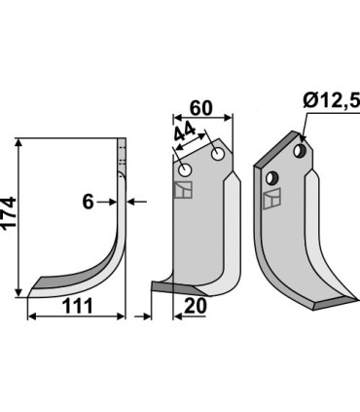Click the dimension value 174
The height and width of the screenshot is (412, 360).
pyautogui.click(x=9, y=213)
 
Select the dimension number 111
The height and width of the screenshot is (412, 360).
pyautogui.click(x=78, y=306)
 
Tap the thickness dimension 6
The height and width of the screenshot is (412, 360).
pyautogui.click(x=88, y=202)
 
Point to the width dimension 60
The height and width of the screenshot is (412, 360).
pyautogui.click(x=201, y=108)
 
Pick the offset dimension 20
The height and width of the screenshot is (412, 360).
pyautogui.click(x=195, y=306)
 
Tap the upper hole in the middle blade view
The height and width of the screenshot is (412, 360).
pyautogui.click(x=217, y=154)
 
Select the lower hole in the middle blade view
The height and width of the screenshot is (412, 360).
pyautogui.click(x=186, y=169)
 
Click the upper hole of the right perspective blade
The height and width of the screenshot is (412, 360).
pyautogui.click(x=300, y=150)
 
